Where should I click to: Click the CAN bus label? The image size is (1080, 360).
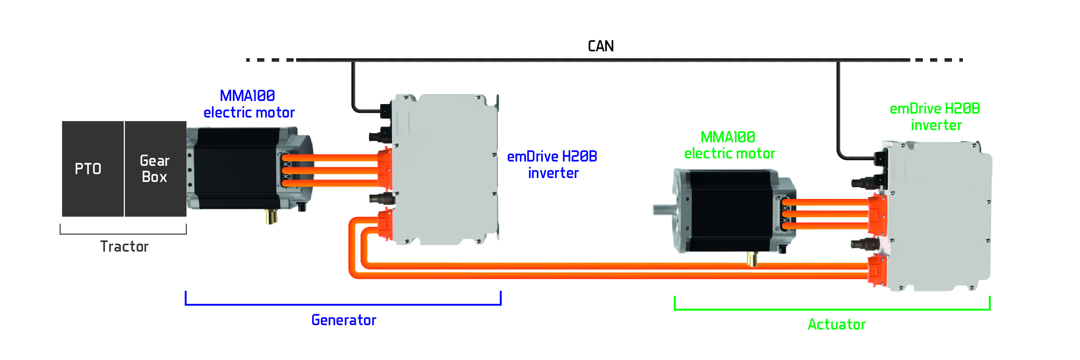(x=601, y=46)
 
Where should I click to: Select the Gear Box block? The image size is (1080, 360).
(x=155, y=169)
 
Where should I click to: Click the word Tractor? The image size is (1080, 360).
(x=125, y=247)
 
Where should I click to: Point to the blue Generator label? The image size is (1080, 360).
(x=344, y=320)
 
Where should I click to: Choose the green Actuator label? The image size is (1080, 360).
(x=837, y=325)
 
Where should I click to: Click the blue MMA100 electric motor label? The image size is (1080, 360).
(x=249, y=104)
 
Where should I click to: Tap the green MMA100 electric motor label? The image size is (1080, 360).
(x=729, y=145)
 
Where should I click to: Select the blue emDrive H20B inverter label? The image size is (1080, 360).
(x=552, y=165)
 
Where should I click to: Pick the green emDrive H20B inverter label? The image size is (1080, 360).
(x=935, y=117)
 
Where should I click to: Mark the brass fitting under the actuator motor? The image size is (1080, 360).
(x=752, y=259)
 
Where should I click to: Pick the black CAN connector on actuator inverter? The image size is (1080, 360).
(x=880, y=158)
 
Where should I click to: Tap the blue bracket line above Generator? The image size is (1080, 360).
(x=343, y=304)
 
